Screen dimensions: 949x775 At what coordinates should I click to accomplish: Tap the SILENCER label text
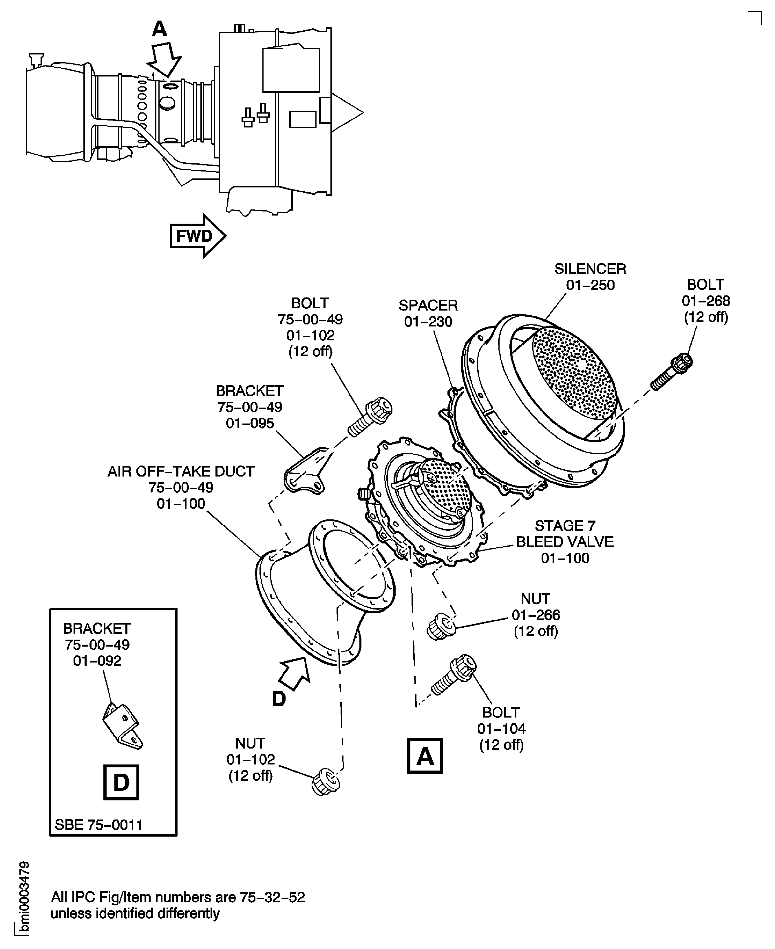[x=590, y=269]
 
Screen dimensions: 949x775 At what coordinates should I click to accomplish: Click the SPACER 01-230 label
[x=428, y=313]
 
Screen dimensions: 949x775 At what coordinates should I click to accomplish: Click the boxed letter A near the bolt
[x=425, y=755]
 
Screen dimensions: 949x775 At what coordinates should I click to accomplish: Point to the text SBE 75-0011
[x=99, y=824]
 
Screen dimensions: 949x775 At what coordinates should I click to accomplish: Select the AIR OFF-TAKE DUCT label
[x=181, y=487]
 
